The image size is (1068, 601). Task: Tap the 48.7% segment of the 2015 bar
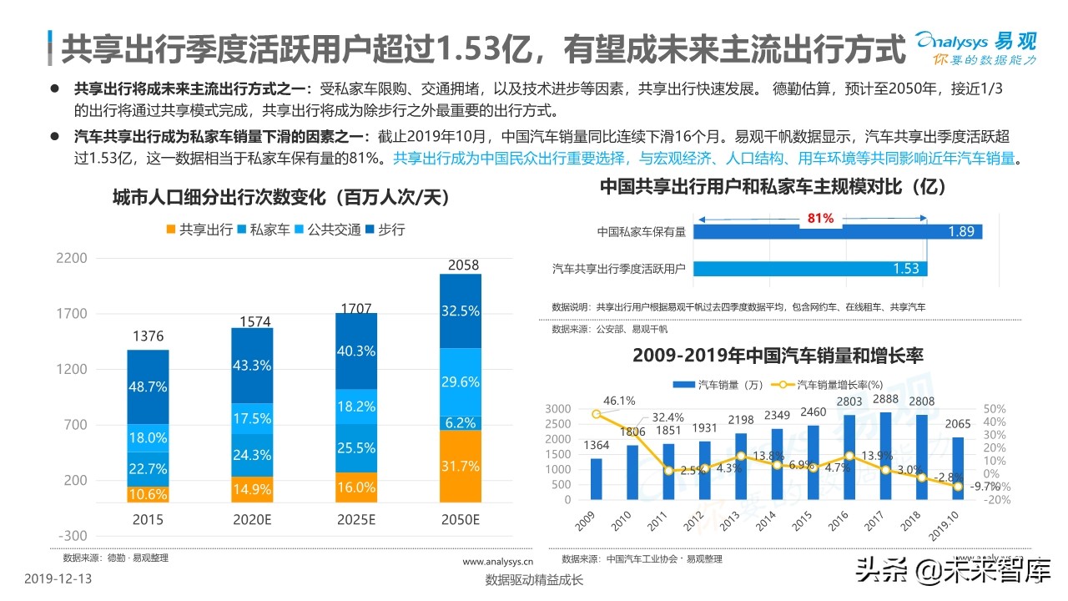tap(148, 387)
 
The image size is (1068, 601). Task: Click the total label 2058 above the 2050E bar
tap(463, 265)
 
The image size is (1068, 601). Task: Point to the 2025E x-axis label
tap(356, 519)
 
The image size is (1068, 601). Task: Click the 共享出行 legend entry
tap(199, 229)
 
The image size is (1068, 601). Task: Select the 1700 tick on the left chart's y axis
tap(71, 314)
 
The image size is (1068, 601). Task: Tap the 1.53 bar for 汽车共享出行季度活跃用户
tap(809, 268)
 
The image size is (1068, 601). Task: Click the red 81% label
tap(819, 218)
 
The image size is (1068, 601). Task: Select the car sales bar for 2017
tap(884, 456)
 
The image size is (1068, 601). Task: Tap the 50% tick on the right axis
tap(995, 409)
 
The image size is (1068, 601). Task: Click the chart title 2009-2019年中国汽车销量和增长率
tap(778, 355)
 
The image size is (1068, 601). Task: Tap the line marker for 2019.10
tap(957, 486)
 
